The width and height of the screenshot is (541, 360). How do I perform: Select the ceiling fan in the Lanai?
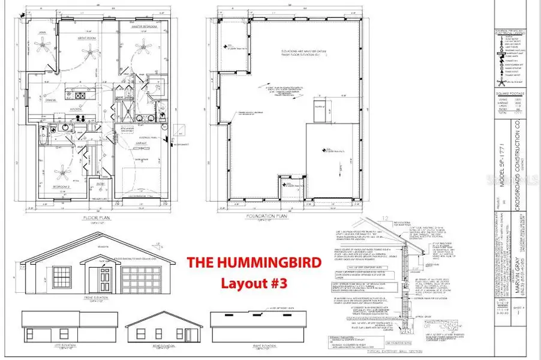coord(43,43)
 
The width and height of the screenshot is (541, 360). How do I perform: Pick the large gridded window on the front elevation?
coord(62,278)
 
